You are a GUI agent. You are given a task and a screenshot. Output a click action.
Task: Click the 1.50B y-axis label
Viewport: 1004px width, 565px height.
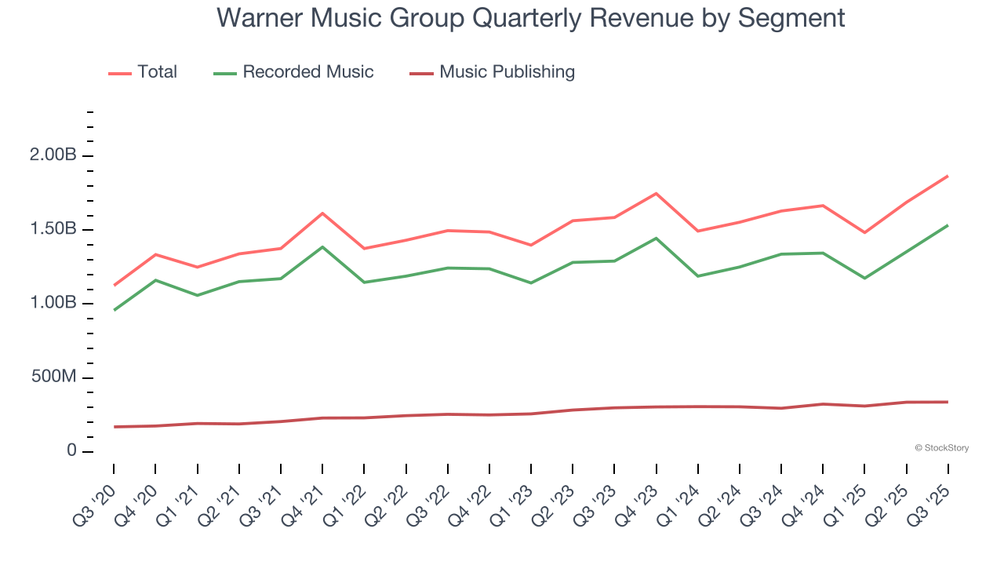(53, 229)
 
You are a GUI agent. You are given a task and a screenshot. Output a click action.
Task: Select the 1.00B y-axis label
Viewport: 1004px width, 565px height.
(53, 304)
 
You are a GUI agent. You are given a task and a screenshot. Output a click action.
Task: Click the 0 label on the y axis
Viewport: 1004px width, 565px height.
(71, 451)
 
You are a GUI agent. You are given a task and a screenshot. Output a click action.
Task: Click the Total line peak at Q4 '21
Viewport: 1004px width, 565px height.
(322, 213)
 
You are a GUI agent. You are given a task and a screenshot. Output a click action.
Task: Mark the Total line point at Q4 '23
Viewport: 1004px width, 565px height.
(656, 193)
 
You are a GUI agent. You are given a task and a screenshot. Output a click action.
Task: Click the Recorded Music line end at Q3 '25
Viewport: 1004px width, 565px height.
(948, 225)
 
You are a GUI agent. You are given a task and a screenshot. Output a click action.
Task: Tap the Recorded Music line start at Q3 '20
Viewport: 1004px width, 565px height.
(115, 310)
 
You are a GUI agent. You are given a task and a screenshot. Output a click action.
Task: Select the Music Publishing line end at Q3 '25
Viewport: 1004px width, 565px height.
(948, 402)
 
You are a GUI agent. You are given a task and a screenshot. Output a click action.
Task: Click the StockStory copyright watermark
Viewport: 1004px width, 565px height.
(941, 448)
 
